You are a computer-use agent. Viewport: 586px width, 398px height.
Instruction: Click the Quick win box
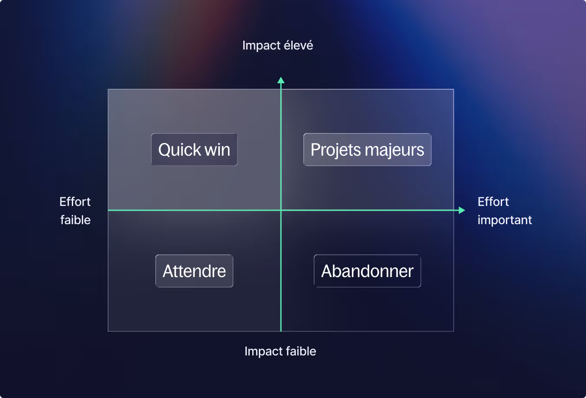[x=194, y=150]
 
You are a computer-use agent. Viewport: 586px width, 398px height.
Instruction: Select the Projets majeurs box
[x=367, y=150]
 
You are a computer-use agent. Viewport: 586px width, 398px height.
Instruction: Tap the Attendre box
[x=194, y=271]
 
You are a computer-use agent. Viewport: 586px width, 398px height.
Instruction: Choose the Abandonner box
[x=367, y=271]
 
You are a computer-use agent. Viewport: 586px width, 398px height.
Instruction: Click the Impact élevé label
[x=277, y=46]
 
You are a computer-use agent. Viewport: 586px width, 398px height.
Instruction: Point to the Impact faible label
[x=280, y=351]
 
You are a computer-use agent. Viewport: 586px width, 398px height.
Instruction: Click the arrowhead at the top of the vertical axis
[x=281, y=80]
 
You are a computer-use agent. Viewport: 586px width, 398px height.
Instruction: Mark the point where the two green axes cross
[x=281, y=210]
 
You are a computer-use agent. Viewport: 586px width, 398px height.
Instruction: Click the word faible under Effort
[x=75, y=220]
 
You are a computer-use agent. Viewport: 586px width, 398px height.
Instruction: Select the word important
[x=505, y=220]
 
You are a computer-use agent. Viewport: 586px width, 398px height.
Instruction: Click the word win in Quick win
[x=217, y=150]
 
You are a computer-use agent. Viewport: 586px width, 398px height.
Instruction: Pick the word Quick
[x=180, y=150]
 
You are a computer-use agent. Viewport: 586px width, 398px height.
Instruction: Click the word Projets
[x=336, y=150]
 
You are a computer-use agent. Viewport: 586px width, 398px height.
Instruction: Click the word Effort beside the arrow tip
[x=493, y=202]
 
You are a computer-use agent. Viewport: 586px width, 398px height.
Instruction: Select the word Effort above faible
[x=75, y=202]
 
